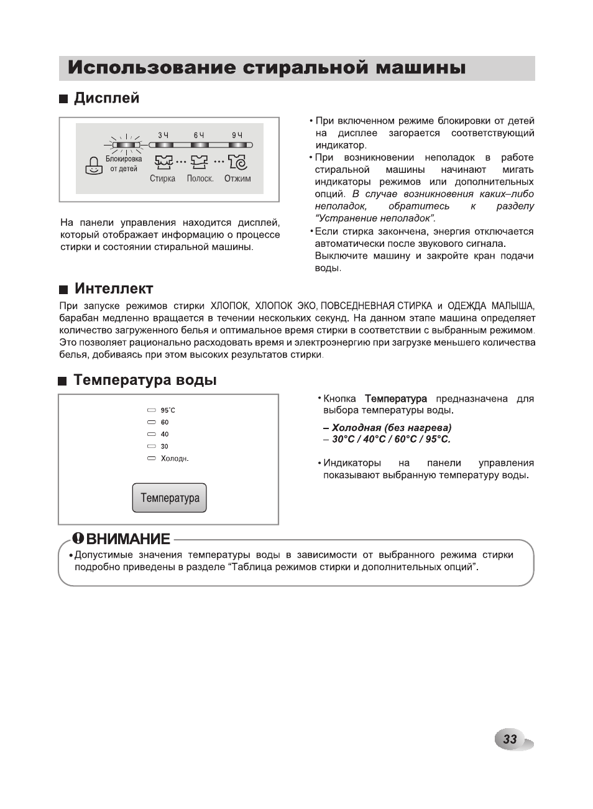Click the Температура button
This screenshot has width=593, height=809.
[169, 498]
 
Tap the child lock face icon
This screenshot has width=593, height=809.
[93, 165]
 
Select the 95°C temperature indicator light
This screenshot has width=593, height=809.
[151, 410]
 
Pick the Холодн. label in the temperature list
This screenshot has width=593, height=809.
[174, 459]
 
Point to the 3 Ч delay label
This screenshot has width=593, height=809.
[163, 135]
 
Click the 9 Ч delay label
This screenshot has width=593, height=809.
[237, 135]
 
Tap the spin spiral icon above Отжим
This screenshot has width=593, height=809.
[237, 162]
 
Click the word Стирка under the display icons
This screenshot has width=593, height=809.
[162, 178]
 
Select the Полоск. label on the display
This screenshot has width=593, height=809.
[200, 178]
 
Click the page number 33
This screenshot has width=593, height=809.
[510, 739]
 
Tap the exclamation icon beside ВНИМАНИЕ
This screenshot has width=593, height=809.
[78, 538]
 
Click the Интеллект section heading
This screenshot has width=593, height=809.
[113, 289]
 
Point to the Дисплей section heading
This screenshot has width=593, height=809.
[106, 98]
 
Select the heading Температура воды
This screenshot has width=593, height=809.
[145, 380]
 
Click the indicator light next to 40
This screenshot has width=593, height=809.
[151, 434]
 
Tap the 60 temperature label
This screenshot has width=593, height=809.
[165, 422]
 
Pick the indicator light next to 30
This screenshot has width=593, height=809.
[151, 446]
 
